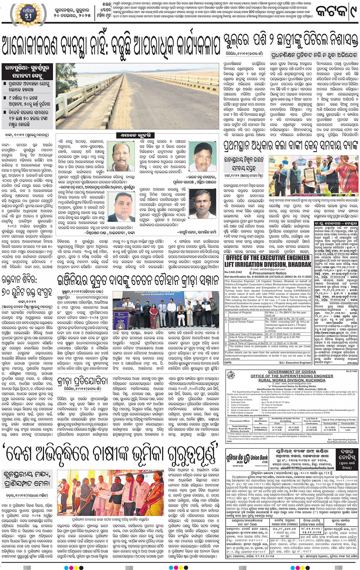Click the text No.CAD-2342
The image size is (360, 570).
coord(233,272)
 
